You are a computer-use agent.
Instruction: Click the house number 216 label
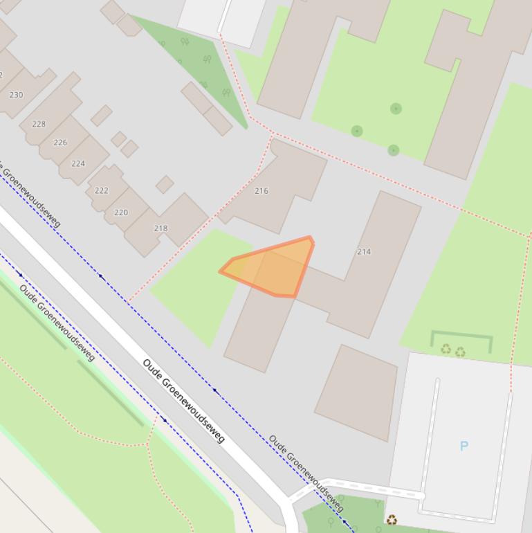coord(262,191)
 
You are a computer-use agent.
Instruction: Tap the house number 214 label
coord(364,251)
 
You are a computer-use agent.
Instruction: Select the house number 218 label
coord(161,228)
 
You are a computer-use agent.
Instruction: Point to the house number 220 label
coord(121,213)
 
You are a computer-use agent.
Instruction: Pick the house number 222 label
coord(102,190)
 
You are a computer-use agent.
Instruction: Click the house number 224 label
coord(78,163)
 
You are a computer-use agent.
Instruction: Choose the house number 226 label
coord(60,143)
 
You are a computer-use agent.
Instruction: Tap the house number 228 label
coord(39,124)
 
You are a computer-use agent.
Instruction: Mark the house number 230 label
coord(16,95)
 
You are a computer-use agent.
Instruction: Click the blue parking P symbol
coord(464,446)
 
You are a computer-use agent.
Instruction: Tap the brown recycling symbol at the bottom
coord(392,519)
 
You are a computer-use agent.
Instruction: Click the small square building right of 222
coord(165,184)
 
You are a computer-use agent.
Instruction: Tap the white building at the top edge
coord(221,17)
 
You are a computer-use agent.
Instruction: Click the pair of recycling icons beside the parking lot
coord(453,351)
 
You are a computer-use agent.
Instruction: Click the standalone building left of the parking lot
coord(356,392)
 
